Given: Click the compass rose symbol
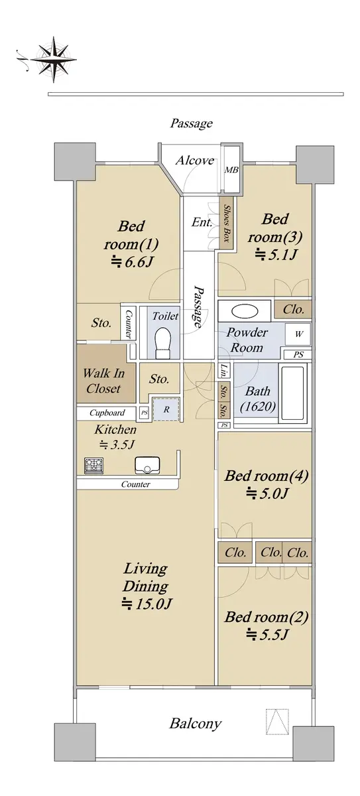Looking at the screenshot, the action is pos(52,59).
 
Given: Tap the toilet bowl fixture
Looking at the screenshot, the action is pos(163,342).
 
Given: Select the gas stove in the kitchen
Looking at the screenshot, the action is pos(93,466).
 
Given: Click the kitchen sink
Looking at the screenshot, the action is pos(147,465).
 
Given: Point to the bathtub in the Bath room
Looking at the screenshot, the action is pos(293,393).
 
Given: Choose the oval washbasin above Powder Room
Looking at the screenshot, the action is pos(245,311).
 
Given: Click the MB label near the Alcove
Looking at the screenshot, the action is pos(231,170).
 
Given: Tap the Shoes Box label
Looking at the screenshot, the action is pos(227,224).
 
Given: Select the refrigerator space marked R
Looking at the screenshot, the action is pos(166,409).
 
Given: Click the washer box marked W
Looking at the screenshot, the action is pos(298,334).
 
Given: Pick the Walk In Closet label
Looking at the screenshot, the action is pos(103,381).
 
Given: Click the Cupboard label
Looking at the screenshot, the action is pos(107,413).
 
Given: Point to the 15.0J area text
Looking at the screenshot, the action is pos(147,604).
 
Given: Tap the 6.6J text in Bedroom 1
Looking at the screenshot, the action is pos(132,262).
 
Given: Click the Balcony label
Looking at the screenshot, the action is pos(196,723).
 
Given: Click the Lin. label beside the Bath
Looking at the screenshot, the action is pos(224,370).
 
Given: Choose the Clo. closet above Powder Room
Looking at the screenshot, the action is pos(293,309).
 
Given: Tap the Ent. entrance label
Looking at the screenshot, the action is pos(202,222).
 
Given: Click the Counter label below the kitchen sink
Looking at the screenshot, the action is pos(136,484).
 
